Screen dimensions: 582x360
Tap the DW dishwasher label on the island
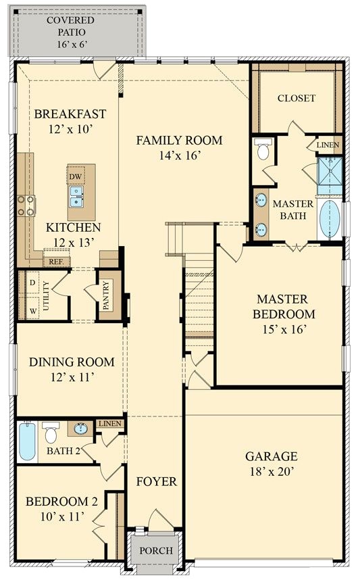[75, 177]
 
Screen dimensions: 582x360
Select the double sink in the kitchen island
[76, 197]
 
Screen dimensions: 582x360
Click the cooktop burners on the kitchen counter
[26, 205]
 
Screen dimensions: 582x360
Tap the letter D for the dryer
[32, 282]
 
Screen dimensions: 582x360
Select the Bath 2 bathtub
[26, 441]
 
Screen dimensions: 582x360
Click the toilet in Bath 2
[51, 432]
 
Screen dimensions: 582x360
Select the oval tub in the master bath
[330, 219]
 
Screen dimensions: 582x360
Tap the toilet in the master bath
[263, 149]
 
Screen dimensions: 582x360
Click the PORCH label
[156, 550]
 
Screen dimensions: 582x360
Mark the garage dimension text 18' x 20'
[271, 471]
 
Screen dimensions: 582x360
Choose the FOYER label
[156, 481]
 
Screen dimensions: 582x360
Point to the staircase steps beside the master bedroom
[199, 304]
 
